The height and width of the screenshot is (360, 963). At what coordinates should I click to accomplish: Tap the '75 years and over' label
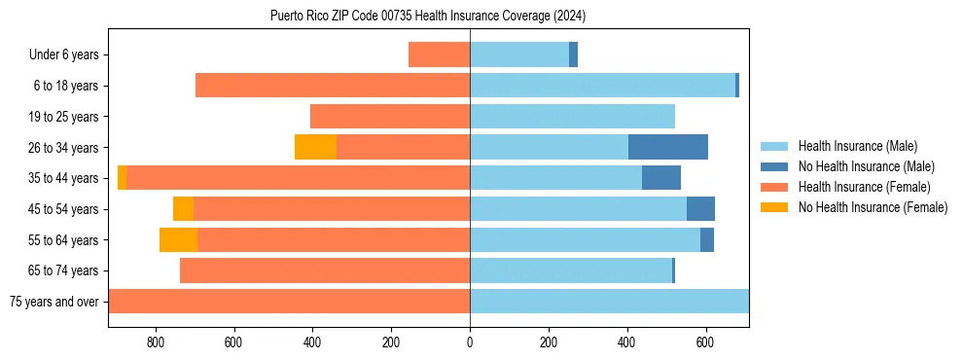point(53,302)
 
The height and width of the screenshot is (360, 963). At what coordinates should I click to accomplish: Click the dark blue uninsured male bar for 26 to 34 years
point(667,147)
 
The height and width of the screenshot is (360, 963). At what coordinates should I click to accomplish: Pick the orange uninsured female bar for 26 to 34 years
point(315,147)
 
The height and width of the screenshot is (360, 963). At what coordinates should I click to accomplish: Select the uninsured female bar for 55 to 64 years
point(178,239)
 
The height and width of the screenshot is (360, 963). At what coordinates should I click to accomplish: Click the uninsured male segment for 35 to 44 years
point(660,178)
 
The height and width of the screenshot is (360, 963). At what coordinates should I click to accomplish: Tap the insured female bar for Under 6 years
point(439,54)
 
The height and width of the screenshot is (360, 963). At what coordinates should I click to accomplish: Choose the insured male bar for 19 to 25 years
point(572,117)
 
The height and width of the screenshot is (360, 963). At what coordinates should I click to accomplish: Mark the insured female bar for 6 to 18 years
point(333,86)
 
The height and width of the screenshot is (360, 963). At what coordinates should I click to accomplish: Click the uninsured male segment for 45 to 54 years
point(700,209)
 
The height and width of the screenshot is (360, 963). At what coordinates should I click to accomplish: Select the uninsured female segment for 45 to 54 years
point(183,209)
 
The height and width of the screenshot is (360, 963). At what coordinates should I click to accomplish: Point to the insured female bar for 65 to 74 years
point(325,270)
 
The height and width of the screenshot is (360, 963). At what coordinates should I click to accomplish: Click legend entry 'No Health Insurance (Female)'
point(872,207)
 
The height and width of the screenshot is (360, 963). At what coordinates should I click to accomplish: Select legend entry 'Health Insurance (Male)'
point(857,146)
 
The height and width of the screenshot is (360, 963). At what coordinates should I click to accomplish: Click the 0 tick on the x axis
point(470,342)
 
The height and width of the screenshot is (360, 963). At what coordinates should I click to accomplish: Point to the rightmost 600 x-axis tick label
point(705,342)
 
